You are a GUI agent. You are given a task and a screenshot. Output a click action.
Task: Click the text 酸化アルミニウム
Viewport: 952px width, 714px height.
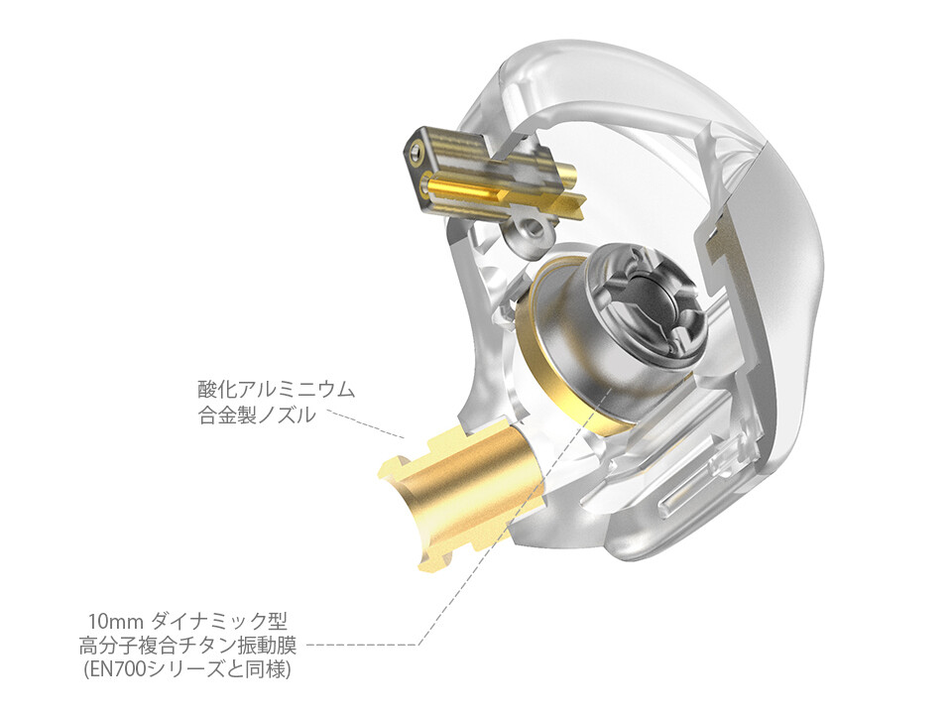(277, 389)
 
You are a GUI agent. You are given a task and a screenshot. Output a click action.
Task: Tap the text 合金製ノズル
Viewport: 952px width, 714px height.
(257, 416)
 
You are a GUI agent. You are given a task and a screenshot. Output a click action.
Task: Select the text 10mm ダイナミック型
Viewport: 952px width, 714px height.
(187, 622)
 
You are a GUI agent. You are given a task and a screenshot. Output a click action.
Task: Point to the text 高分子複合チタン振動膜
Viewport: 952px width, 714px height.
(187, 646)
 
